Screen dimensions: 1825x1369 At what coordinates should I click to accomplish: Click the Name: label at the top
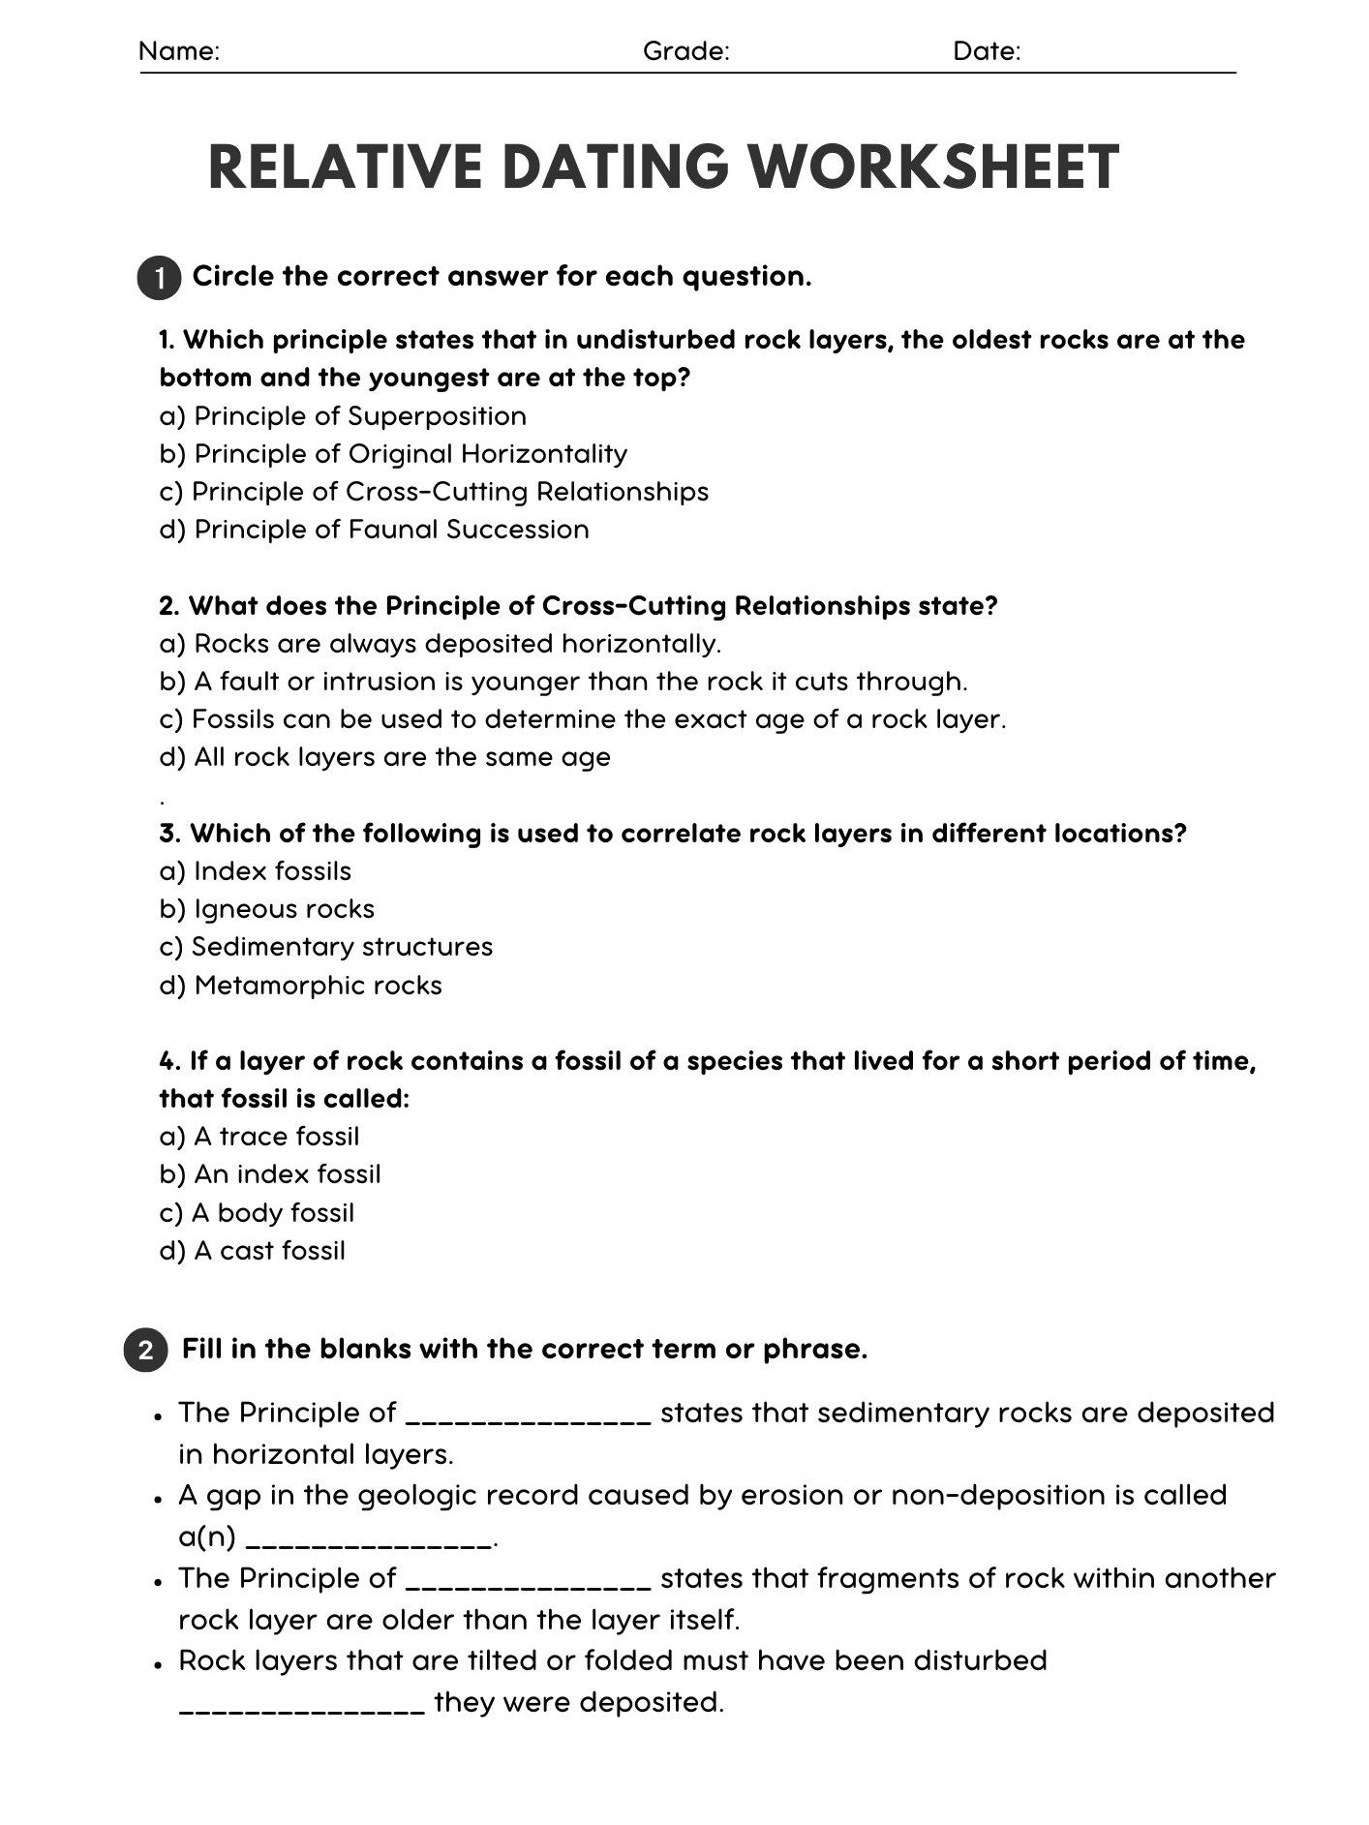pos(179,51)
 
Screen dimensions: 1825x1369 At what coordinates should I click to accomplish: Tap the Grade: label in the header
pos(685,51)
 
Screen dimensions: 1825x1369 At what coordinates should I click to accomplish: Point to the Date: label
pos(987,51)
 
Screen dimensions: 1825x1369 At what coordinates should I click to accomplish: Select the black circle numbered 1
pos(159,279)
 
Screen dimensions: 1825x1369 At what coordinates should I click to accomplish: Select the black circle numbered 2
pos(145,1350)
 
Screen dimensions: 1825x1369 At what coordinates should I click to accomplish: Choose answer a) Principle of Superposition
pos(343,416)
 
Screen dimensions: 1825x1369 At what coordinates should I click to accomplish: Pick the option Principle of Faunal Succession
pos(374,530)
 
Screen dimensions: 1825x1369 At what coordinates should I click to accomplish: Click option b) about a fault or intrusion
pos(563,682)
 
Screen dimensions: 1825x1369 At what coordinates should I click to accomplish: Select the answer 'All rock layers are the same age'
pos(384,757)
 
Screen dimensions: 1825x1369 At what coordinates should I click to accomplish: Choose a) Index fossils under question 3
pos(255,871)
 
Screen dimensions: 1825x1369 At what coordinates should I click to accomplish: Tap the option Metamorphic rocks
pos(300,986)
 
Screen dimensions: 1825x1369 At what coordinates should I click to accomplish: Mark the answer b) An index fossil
pos(270,1174)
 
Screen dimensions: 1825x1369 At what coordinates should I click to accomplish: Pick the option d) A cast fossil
pos(252,1251)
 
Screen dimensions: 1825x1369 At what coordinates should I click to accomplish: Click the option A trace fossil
pos(259,1137)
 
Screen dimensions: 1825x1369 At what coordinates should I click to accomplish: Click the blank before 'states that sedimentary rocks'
pos(528,1415)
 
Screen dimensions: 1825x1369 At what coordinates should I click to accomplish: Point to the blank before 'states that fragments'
pos(528,1580)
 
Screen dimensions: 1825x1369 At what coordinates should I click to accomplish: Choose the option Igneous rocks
pos(266,909)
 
